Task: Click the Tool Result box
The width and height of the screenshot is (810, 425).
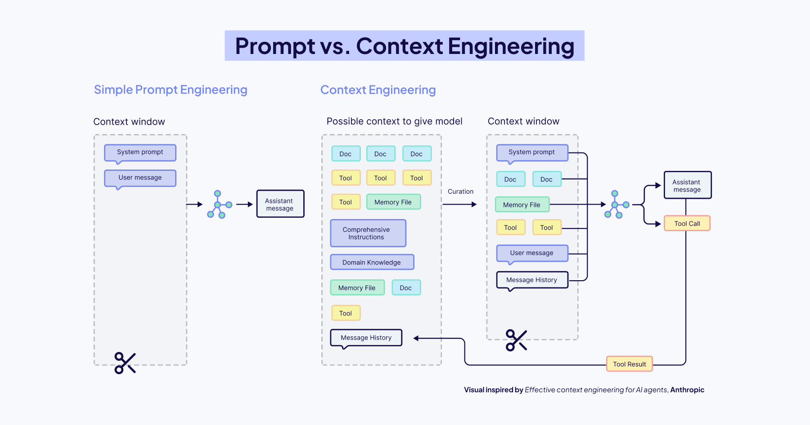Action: [629, 364]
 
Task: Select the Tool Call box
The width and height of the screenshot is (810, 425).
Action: [687, 224]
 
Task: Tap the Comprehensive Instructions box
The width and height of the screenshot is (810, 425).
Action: [368, 233]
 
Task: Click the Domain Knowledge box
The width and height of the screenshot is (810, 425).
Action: [372, 262]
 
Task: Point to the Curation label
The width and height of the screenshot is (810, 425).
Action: [460, 192]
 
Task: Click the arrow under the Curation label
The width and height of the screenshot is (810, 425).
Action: [459, 205]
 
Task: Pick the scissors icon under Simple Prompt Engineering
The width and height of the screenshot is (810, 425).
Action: [125, 363]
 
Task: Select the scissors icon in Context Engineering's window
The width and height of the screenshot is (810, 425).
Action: [516, 340]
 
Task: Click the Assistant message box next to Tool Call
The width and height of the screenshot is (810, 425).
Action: [687, 185]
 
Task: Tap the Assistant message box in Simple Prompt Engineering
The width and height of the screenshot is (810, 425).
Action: [280, 204]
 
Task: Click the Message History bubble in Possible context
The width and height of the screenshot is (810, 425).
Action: [366, 338]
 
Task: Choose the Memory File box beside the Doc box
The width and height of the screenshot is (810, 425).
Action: [357, 288]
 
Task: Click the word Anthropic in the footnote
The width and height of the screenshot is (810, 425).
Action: [687, 390]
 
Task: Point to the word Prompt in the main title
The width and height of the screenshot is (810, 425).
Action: [275, 46]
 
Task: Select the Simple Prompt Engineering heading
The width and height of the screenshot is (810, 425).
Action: [171, 90]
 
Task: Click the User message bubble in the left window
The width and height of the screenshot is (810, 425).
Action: [140, 178]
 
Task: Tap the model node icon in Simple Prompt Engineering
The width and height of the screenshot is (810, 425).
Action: [219, 205]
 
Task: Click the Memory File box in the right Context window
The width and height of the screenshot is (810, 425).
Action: [522, 205]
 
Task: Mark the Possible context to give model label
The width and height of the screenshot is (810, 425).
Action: [394, 121]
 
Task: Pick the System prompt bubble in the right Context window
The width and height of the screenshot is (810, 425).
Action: [532, 152]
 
